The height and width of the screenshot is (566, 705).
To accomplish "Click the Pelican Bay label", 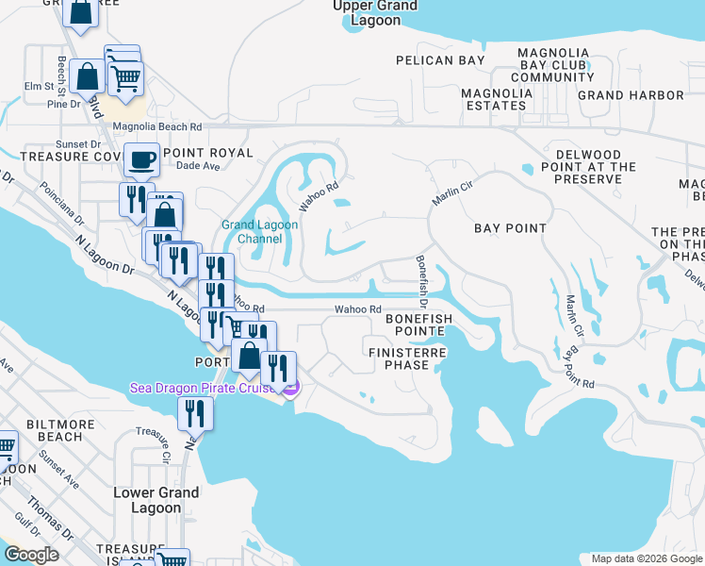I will [x=441, y=60].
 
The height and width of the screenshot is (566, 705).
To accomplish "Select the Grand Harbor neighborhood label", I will [x=631, y=95].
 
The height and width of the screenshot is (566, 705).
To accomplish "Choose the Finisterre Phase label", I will [x=406, y=358].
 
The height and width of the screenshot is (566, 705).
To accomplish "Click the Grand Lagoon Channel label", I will [x=259, y=232].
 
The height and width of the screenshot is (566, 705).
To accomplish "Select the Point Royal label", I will [x=207, y=152].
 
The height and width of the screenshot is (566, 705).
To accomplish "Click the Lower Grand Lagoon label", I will [x=156, y=500].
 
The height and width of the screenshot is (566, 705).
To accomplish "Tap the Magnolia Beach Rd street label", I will [x=157, y=126].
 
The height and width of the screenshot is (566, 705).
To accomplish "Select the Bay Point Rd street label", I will [x=579, y=369].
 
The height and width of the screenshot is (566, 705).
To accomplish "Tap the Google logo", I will [x=31, y=555].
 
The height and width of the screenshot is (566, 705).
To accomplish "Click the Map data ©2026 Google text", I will [x=647, y=558].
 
